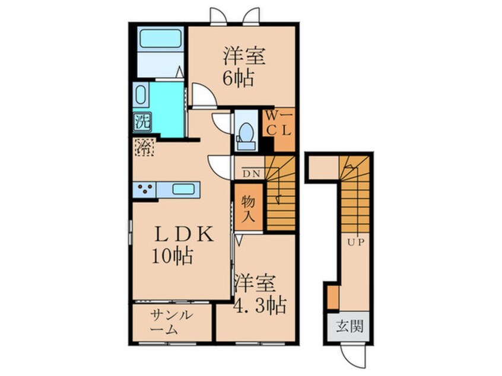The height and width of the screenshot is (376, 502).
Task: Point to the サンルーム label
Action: (x=171, y=322)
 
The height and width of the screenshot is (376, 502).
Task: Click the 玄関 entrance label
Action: (x=350, y=327)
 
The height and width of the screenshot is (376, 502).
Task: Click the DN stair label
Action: (x=252, y=174)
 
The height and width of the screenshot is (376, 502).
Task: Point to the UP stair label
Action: (x=356, y=242)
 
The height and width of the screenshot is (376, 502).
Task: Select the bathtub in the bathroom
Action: (x=160, y=39)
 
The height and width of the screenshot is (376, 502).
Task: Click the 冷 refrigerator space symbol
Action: (x=144, y=147)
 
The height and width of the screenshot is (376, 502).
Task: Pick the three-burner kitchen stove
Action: (x=144, y=189)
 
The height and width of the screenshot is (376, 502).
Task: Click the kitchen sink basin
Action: (x=183, y=189)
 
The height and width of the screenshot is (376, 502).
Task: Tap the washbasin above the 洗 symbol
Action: (x=141, y=95)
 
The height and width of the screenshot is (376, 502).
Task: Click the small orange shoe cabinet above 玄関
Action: (x=333, y=298)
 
